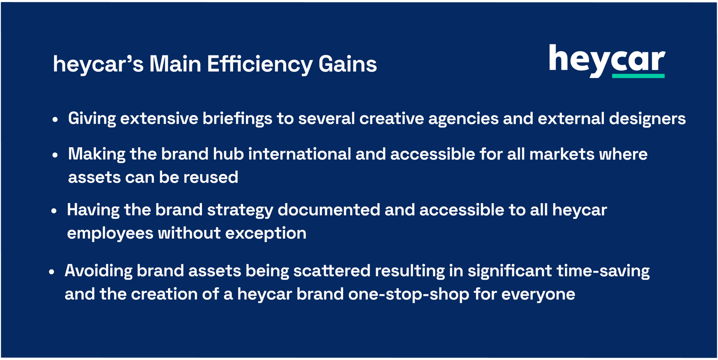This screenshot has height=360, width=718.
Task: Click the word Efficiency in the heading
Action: (x=259, y=65)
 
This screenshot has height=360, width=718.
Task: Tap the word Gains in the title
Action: (x=347, y=64)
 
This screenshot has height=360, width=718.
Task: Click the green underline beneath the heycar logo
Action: (x=638, y=76)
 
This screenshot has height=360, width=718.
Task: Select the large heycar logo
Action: (x=607, y=61)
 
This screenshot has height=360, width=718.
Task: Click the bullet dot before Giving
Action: (x=55, y=120)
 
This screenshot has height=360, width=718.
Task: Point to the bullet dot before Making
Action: (x=55, y=155)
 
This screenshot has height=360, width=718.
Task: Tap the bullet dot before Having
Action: (x=54, y=211)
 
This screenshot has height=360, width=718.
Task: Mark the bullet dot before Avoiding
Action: (x=52, y=272)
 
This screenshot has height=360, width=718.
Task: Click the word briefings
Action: (x=237, y=119)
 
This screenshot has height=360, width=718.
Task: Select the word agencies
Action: (x=464, y=119)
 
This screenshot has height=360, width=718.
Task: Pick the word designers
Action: (x=647, y=119)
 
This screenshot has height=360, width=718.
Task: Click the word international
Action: (x=300, y=154)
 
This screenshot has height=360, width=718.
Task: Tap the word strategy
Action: (x=240, y=211)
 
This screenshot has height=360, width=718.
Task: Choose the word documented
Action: (x=329, y=210)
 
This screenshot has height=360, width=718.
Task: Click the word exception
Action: (x=266, y=234)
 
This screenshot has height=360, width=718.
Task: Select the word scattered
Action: (x=332, y=271)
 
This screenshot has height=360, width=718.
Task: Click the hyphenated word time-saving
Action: (x=603, y=272)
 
